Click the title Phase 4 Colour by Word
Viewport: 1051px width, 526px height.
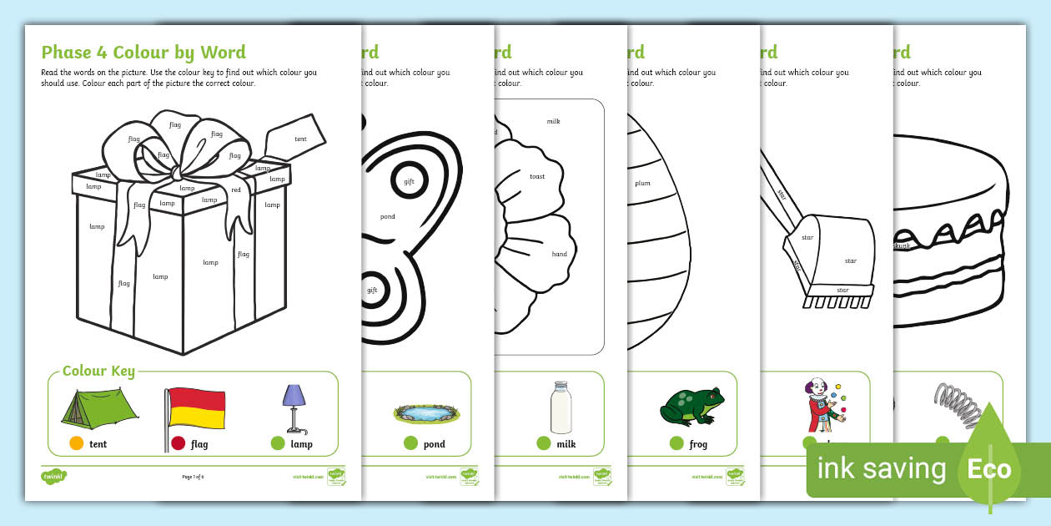tap(143, 53)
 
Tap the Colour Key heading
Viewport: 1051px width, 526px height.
tap(98, 371)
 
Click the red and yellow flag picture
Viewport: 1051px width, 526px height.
tap(195, 409)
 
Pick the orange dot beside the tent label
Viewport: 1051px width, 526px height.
tap(76, 444)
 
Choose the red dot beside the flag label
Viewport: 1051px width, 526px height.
tap(178, 444)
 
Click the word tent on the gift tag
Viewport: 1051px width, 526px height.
tap(300, 139)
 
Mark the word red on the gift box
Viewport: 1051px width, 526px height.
tap(236, 190)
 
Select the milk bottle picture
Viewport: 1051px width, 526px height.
tap(561, 408)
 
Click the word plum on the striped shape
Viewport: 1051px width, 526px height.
tap(642, 183)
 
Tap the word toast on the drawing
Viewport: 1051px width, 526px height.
tap(537, 176)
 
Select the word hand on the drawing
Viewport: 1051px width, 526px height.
tap(559, 254)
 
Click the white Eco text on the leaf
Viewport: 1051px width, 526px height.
tap(989, 468)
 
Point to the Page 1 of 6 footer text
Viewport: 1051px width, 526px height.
tap(193, 477)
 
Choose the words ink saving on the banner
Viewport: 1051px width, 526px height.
tap(881, 469)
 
